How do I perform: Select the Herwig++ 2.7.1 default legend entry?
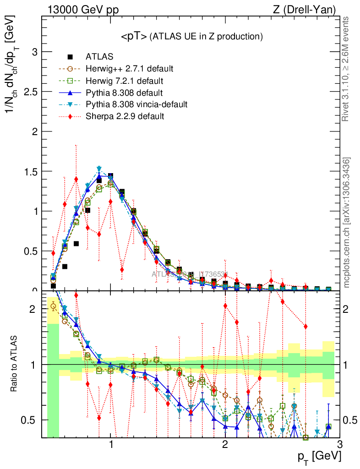(129, 69)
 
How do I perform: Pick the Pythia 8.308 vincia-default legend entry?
(136, 104)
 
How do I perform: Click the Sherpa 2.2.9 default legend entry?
(125, 116)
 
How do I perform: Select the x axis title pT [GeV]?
(320, 457)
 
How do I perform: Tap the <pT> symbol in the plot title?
(134, 36)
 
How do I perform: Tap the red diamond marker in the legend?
(70, 116)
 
